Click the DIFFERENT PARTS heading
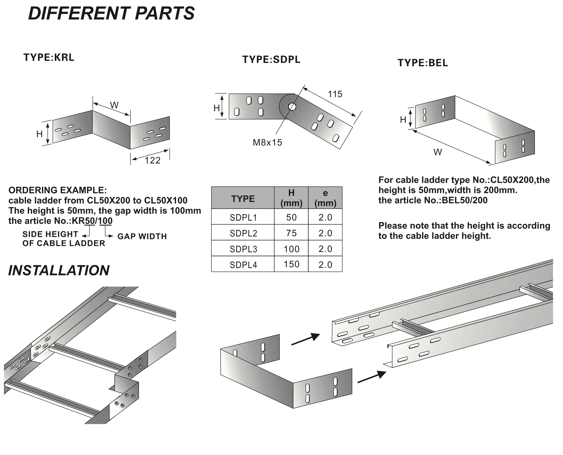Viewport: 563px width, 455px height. (112, 14)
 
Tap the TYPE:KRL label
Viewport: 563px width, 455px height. (49, 58)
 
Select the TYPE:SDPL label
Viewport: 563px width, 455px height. (271, 59)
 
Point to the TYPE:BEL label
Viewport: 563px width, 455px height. (423, 63)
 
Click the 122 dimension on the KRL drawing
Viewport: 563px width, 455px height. (153, 160)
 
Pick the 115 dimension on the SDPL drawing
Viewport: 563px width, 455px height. (335, 94)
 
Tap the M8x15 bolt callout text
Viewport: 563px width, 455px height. (267, 142)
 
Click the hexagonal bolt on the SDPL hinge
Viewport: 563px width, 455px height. (292, 106)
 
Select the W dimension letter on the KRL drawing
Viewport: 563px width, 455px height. (114, 105)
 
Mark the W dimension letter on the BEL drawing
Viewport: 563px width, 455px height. (438, 152)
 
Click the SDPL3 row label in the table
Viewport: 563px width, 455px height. (243, 249)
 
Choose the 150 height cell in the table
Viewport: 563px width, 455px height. (291, 264)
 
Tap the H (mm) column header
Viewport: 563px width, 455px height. (291, 198)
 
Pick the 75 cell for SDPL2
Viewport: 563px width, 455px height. (291, 233)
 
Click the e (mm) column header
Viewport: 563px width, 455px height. (325, 198)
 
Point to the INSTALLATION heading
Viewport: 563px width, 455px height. (59, 270)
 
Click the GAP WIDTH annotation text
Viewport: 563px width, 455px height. (142, 237)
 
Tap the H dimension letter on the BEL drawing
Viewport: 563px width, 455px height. (403, 120)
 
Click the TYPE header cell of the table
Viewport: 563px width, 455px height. (243, 199)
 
